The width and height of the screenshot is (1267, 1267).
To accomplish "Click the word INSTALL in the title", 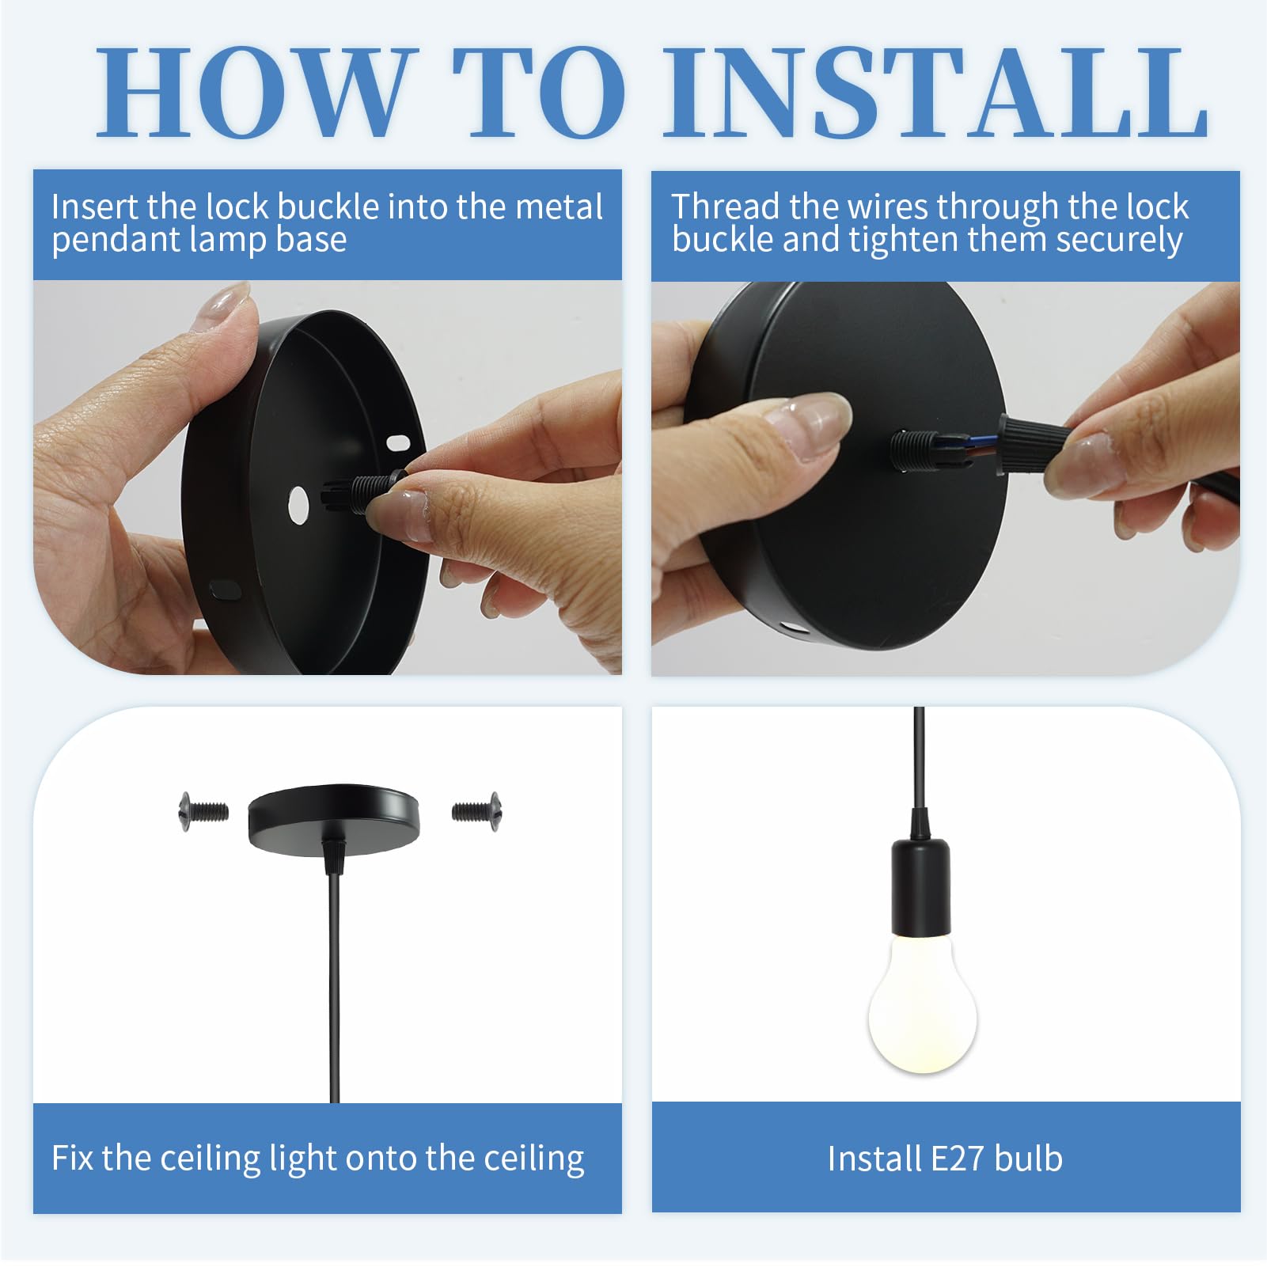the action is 936,93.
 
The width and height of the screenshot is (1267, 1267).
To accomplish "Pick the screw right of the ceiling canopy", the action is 476,811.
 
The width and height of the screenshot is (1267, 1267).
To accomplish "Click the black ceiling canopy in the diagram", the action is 333,816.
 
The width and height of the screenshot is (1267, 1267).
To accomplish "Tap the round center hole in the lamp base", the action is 298,505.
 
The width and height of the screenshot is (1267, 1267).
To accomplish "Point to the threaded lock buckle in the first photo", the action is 362,492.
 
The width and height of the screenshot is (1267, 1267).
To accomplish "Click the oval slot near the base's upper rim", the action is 397,441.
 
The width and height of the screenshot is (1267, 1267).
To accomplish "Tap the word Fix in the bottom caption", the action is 73,1158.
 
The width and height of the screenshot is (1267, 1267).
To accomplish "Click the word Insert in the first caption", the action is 94,207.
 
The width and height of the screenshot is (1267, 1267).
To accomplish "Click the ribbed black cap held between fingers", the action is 1029,443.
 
